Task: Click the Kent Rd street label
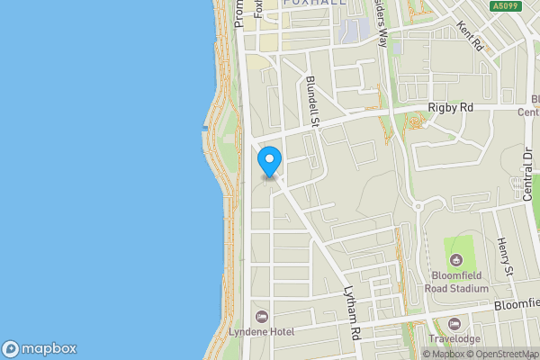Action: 470,37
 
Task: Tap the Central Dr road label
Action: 528,171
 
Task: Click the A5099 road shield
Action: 506,6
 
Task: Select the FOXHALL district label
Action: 314,4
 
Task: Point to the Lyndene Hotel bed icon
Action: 262,316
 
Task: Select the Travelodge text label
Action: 454,339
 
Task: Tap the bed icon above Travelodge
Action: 454,323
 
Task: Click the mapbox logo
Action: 40,348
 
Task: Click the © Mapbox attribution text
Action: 444,354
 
